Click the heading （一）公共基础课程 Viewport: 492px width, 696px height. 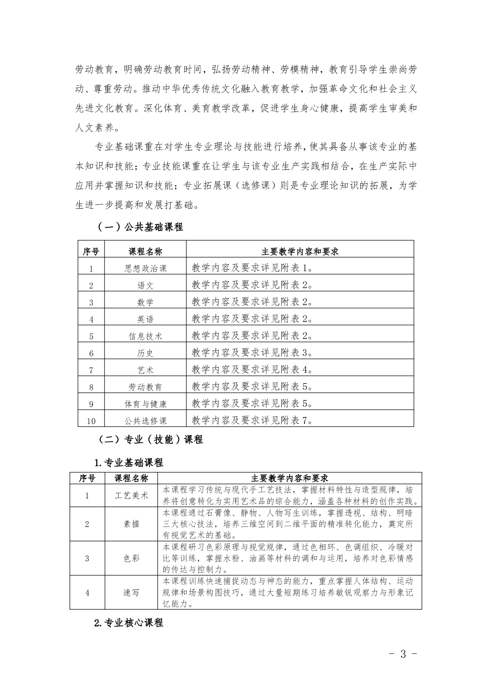pyautogui.click(x=140, y=227)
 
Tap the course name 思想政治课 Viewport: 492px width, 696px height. pyautogui.click(x=145, y=268)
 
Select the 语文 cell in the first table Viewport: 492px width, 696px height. pyautogui.click(x=145, y=285)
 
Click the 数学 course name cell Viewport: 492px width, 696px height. pyautogui.click(x=145, y=302)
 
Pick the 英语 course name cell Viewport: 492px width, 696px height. pyautogui.click(x=145, y=319)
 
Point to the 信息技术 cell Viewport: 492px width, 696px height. pyautogui.click(x=145, y=336)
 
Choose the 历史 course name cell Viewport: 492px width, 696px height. pyautogui.click(x=145, y=353)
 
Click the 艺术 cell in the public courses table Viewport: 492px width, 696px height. pyautogui.click(x=145, y=370)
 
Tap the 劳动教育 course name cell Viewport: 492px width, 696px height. pyautogui.click(x=145, y=387)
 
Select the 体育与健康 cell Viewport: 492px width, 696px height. pyautogui.click(x=145, y=404)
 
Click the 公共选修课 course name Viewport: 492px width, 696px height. pyautogui.click(x=145, y=421)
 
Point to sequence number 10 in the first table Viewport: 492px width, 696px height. pyautogui.click(x=91, y=421)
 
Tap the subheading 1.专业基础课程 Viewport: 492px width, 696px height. pyautogui.click(x=129, y=462)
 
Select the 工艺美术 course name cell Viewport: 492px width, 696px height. pyautogui.click(x=131, y=495)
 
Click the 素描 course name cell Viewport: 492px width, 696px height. pyautogui.click(x=131, y=524)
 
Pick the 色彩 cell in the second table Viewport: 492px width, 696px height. pyautogui.click(x=131, y=558)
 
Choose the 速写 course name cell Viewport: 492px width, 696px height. pyautogui.click(x=131, y=593)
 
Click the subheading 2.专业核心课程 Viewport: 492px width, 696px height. pyautogui.click(x=129, y=622)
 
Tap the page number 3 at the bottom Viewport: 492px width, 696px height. pyautogui.click(x=403, y=654)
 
